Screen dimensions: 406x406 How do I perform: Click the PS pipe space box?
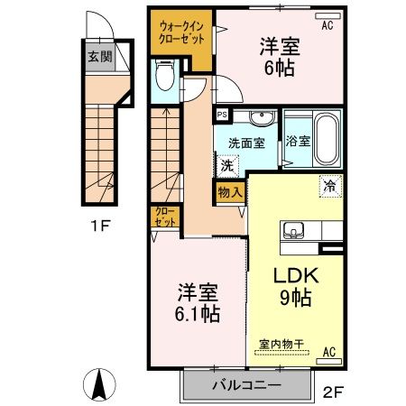pos(222,115)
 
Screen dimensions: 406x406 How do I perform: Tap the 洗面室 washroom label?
pos(245,143)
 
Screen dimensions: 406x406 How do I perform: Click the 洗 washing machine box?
pos(227,165)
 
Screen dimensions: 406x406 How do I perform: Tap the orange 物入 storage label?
pos(229,191)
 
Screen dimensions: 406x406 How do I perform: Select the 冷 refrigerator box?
pos(329,187)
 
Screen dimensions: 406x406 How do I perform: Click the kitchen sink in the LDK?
pos(297,233)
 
